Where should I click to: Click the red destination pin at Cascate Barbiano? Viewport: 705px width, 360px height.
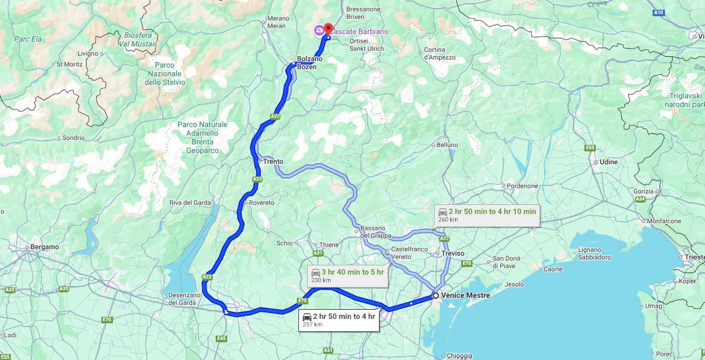[328, 27]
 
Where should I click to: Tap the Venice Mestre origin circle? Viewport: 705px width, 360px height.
[435, 296]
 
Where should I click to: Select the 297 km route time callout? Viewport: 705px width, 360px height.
[338, 319]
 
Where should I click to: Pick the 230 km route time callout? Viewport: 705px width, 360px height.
[348, 275]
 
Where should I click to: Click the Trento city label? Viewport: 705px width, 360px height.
[273, 162]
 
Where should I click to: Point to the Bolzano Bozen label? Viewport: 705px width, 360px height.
[310, 63]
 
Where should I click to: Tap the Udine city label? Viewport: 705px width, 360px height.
[608, 162]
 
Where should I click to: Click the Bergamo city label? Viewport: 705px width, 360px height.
[45, 247]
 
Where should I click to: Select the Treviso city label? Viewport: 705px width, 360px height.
[453, 254]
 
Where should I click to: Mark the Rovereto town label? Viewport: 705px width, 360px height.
[261, 203]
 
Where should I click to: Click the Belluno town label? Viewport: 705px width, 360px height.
[447, 145]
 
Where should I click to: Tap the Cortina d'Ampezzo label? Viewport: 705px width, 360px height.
[435, 54]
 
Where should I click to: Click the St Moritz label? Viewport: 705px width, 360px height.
[69, 64]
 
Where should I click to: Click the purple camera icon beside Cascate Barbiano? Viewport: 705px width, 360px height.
[319, 30]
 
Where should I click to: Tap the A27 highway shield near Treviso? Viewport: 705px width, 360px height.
[444, 238]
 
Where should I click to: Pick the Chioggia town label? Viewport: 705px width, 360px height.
[460, 356]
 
